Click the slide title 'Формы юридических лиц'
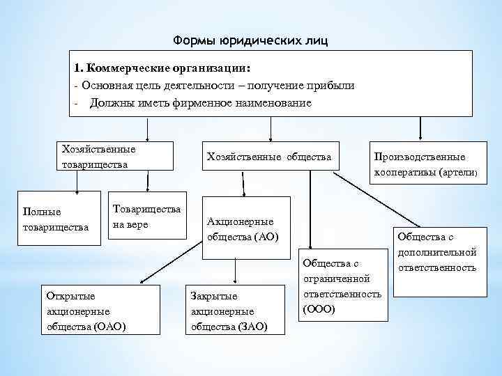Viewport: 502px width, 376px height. click(250, 40)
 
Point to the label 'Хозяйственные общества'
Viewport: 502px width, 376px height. click(268, 157)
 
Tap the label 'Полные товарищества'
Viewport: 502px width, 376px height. click(56, 219)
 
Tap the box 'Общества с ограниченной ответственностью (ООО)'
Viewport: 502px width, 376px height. click(342, 286)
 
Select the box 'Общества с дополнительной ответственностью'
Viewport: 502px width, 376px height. click(436, 251)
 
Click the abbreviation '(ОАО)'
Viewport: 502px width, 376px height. click(109, 326)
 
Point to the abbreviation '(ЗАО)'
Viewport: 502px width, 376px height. click(252, 326)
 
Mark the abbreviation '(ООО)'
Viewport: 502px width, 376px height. click(319, 308)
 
